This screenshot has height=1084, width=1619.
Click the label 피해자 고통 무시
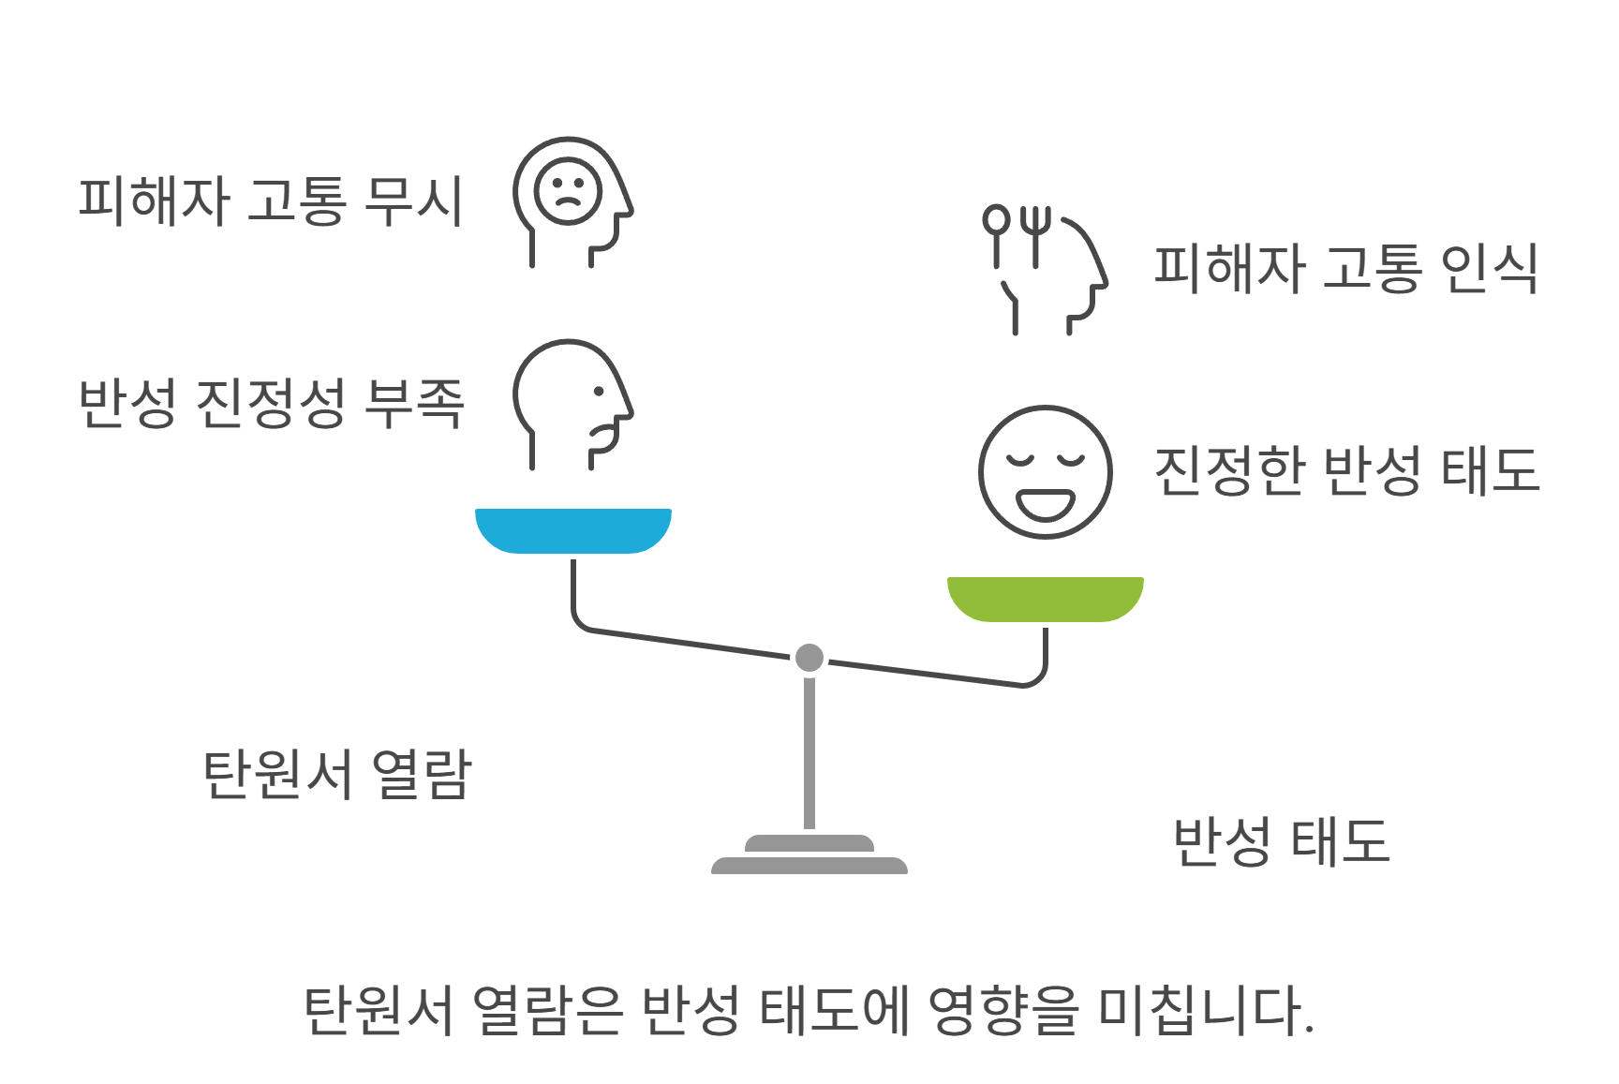tap(270, 201)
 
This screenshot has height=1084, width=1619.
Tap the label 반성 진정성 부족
tap(271, 404)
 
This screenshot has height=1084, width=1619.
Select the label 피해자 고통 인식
tap(1345, 269)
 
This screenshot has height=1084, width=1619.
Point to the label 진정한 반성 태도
tap(1346, 470)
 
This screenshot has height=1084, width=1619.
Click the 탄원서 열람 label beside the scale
tap(337, 775)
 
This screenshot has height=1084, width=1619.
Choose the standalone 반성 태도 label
tap(1281, 841)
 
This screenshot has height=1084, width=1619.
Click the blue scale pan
tap(573, 530)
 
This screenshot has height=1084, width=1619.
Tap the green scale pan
tap(1045, 599)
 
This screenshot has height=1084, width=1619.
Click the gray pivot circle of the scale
tap(809, 658)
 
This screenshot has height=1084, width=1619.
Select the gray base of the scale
tap(809, 856)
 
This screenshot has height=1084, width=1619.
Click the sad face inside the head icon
tap(567, 190)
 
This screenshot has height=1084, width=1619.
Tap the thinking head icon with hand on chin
tap(572, 403)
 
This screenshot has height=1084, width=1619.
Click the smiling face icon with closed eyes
tap(1045, 472)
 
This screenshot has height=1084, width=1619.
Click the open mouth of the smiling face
tap(1046, 504)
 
